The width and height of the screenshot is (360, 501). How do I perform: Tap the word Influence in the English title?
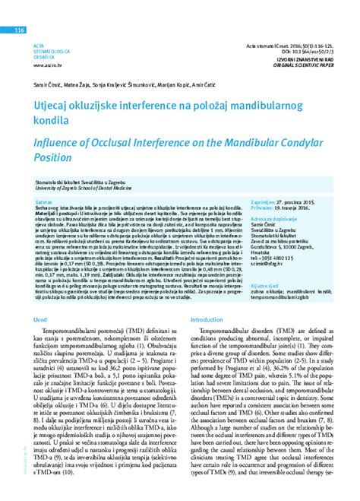pyautogui.click(x=60, y=141)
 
